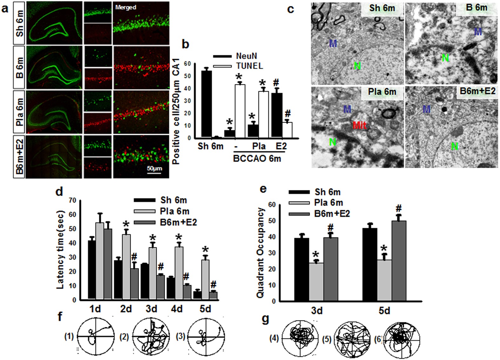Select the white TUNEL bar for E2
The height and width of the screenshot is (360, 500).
point(287,130)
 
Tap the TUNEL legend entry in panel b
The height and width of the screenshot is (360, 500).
point(249,66)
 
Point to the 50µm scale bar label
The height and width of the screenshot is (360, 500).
point(154,168)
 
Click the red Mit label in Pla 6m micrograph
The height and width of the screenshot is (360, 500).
point(359,125)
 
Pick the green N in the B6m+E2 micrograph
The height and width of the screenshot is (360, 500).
point(455,146)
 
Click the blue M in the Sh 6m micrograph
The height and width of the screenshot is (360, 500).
point(333,43)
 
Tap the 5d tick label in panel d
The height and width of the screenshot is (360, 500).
point(205,309)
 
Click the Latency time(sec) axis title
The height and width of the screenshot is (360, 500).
point(60,250)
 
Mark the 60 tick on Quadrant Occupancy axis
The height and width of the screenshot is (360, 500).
point(272,205)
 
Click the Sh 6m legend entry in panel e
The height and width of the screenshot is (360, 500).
point(327,192)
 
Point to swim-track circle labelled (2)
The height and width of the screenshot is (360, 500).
point(151,337)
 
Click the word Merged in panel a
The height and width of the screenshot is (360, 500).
point(126,7)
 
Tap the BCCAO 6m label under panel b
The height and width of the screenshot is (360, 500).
point(257,158)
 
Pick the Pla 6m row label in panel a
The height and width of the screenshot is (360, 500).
point(20,112)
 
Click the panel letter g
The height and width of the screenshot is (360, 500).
point(265,318)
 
